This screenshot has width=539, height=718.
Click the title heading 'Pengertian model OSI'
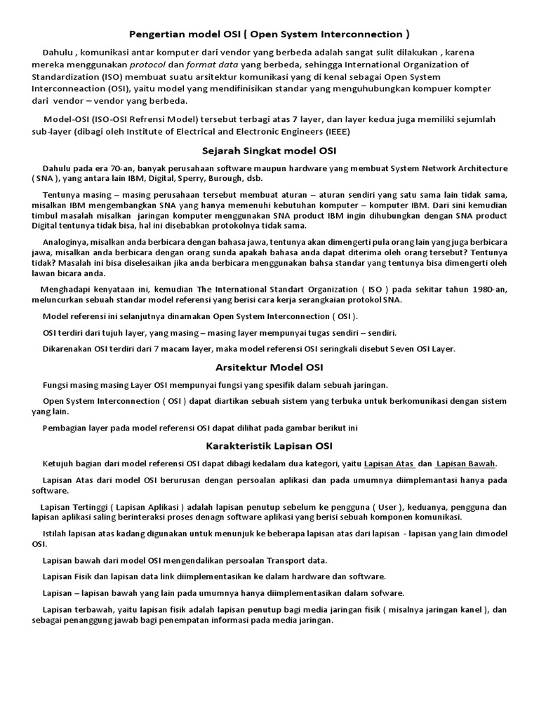(269, 34)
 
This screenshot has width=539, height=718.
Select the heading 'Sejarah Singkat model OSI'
(269, 150)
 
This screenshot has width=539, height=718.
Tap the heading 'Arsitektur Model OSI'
(269, 367)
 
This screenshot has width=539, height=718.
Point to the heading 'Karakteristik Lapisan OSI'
(269, 445)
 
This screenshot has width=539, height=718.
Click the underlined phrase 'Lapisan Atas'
(390, 463)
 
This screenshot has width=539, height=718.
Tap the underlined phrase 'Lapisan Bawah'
(466, 463)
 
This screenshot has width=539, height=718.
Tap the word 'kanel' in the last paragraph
(476, 609)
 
